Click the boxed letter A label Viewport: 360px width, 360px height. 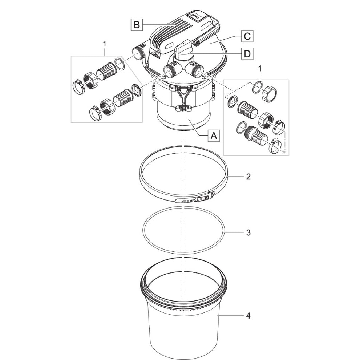(214, 136)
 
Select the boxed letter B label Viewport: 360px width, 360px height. (137, 25)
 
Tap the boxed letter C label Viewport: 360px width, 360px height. (247, 37)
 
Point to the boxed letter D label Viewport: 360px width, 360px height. (247, 54)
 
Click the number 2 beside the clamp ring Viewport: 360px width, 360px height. (248, 177)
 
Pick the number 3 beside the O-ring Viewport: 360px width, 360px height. (248, 232)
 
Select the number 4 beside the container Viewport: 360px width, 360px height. (248, 316)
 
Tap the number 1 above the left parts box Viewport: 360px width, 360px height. (105, 44)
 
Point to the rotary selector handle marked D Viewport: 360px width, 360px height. (186, 50)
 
